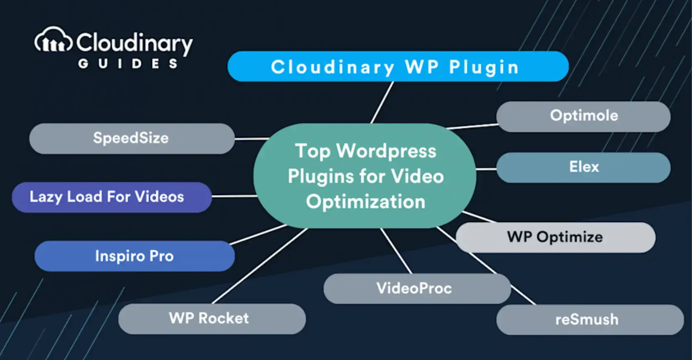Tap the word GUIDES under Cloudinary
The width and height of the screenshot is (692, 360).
(x=128, y=64)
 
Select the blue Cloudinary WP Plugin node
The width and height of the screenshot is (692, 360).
(x=398, y=66)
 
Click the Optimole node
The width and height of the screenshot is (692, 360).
(x=583, y=116)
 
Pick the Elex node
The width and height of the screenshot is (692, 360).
(x=583, y=167)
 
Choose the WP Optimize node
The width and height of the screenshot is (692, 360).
(x=555, y=237)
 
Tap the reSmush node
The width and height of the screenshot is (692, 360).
(x=590, y=320)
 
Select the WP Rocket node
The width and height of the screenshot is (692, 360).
(x=211, y=318)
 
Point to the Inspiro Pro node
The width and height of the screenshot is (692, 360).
(x=134, y=256)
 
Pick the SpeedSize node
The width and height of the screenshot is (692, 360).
(x=131, y=138)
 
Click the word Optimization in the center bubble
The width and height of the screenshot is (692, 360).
(x=365, y=202)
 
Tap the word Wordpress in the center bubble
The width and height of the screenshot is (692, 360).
(x=386, y=151)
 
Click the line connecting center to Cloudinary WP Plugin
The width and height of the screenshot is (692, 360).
(x=382, y=102)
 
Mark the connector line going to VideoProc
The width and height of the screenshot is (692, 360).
(x=396, y=251)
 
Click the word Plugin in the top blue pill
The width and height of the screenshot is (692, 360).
(x=483, y=67)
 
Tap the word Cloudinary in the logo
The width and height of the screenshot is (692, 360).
(x=134, y=43)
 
